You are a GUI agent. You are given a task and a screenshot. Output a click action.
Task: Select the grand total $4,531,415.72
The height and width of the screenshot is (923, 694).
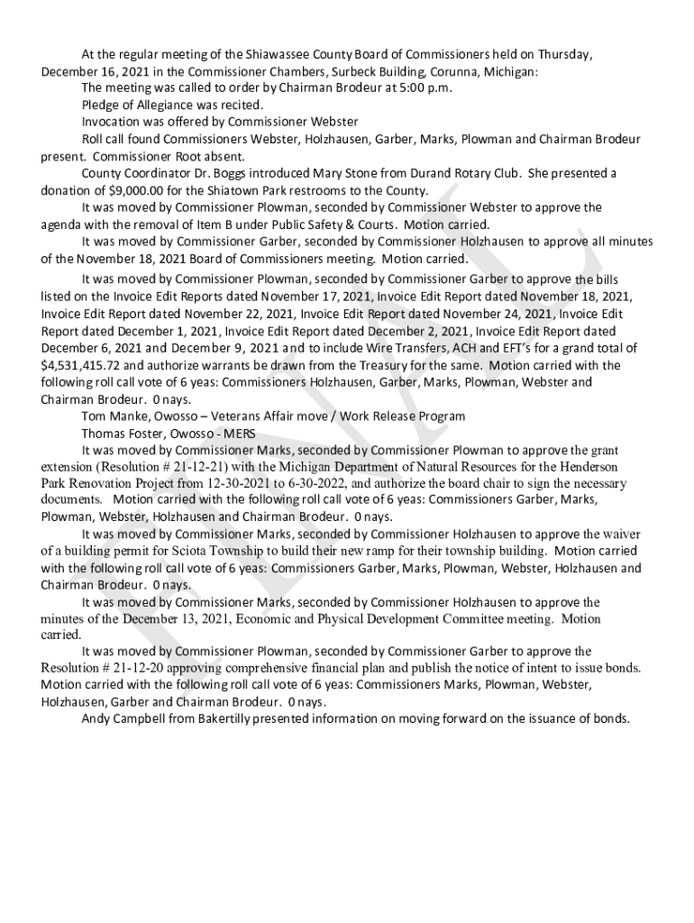pyautogui.click(x=81, y=366)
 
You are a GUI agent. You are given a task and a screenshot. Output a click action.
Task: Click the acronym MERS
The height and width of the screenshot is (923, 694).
pyautogui.click(x=239, y=434)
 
